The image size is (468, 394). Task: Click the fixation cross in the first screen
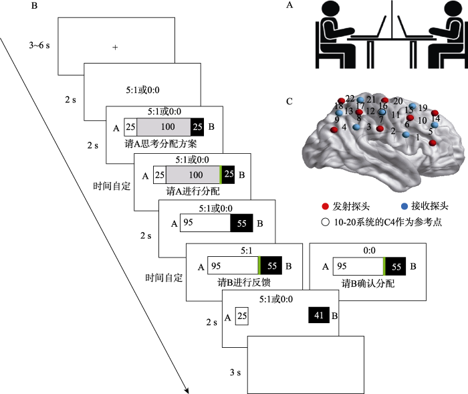(x=115, y=47)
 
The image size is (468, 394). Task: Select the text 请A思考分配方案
(x=160, y=144)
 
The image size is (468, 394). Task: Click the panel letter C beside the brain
(x=288, y=102)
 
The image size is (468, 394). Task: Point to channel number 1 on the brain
(x=418, y=137)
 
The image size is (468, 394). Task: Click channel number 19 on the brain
(x=423, y=108)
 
